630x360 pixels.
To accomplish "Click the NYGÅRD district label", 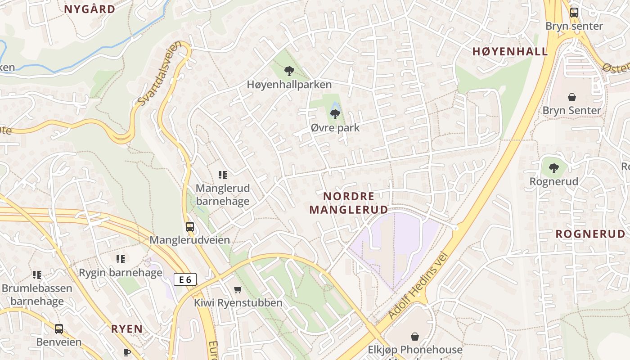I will click(90, 9).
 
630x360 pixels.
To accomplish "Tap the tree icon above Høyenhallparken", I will click(289, 71).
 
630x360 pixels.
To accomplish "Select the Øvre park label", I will click(335, 128).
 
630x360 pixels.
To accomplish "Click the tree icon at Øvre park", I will click(335, 114).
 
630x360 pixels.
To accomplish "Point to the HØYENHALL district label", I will click(510, 52).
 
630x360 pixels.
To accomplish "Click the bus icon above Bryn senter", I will click(574, 13).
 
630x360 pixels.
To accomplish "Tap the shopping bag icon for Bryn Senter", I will click(571, 97).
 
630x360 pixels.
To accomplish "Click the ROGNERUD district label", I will click(590, 234).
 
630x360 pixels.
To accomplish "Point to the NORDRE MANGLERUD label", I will click(348, 203).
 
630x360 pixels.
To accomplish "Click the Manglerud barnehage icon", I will click(222, 175).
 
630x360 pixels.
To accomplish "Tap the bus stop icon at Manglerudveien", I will click(190, 227).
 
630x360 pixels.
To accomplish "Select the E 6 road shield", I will click(185, 279).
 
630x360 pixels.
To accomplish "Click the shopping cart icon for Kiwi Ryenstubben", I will click(238, 289).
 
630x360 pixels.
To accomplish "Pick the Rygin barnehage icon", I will click(120, 259).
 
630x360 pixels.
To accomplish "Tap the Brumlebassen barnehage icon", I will click(37, 274).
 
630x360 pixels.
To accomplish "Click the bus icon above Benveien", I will click(59, 329).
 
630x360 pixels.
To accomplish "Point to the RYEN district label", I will click(127, 329).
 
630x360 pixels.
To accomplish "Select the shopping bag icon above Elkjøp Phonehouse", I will click(415, 337).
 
